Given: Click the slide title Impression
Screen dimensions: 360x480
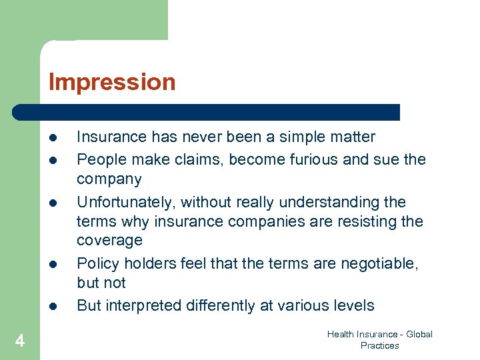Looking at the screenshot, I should pyautogui.click(x=112, y=82).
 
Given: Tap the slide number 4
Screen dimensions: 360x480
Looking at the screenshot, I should pyautogui.click(x=20, y=341).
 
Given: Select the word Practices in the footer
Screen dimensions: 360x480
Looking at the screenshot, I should pyautogui.click(x=379, y=345).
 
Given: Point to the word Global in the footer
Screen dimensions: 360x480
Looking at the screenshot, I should pyautogui.click(x=419, y=334).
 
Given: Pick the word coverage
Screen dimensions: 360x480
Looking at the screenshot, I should pyautogui.click(x=109, y=240).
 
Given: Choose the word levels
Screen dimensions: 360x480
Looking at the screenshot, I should pyautogui.click(x=353, y=305).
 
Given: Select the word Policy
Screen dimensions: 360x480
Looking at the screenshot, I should pyautogui.click(x=96, y=263).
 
